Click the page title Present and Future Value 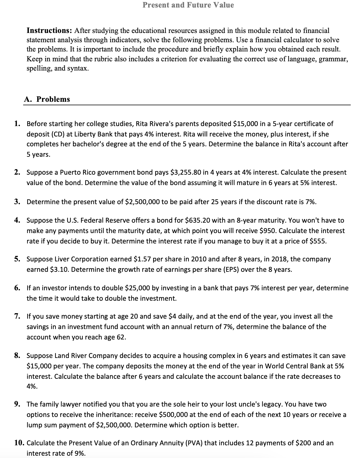click(x=188, y=5)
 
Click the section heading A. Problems click(x=47, y=99)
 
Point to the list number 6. click(x=18, y=288)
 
